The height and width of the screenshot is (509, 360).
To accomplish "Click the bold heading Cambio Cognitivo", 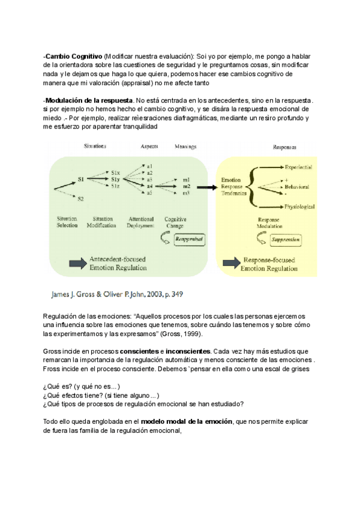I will click(x=73, y=56).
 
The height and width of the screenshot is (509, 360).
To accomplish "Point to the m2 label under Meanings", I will click(x=187, y=186).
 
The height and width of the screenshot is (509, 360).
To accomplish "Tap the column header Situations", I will click(x=96, y=146).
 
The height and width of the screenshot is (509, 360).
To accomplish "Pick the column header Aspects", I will click(x=149, y=146).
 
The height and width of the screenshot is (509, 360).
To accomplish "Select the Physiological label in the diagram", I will click(x=300, y=206).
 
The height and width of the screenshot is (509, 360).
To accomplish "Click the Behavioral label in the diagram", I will click(x=301, y=186).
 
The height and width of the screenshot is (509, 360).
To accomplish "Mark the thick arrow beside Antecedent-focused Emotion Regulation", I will click(x=76, y=262).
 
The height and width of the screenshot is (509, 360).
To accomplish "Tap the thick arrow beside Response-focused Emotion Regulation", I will click(x=230, y=262).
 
